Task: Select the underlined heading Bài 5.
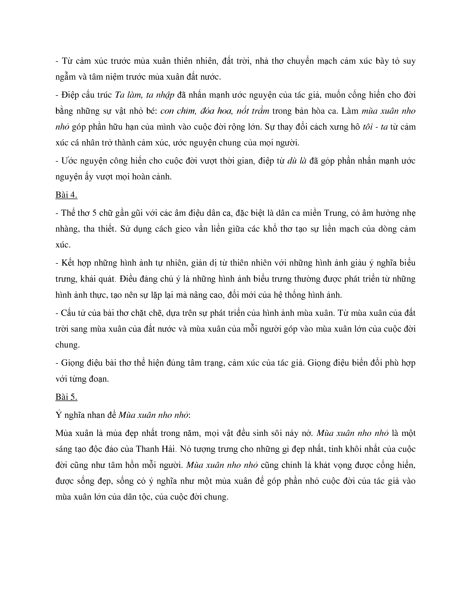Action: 66,397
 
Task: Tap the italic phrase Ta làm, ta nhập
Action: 145,95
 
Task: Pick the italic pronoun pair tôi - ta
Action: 375,127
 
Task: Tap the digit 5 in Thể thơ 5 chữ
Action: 94,213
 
